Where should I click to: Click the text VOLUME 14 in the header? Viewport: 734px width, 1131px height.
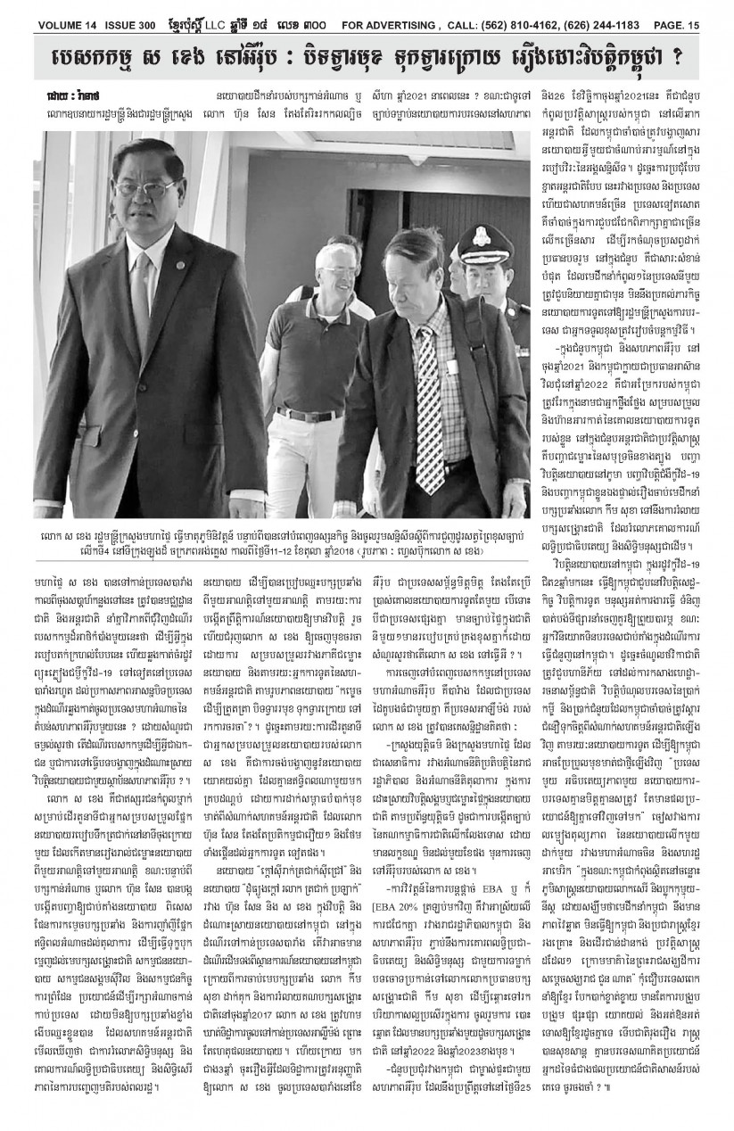coord(47,12)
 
